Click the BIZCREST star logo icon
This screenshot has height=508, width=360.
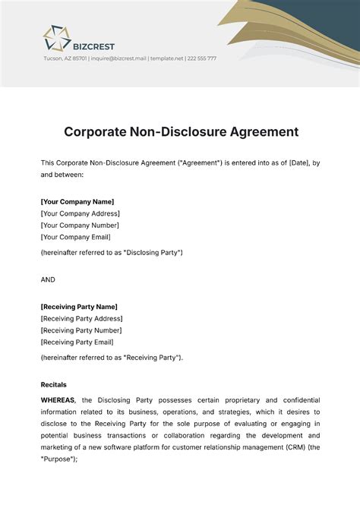click(x=55, y=37)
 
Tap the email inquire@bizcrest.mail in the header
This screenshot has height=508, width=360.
click(x=118, y=58)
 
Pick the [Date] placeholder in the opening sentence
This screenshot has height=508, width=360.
click(x=299, y=162)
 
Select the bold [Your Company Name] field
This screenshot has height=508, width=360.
click(x=77, y=201)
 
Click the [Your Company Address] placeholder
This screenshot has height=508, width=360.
click(x=80, y=213)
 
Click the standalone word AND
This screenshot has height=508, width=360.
click(x=48, y=279)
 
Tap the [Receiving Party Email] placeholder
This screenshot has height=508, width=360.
click(x=77, y=342)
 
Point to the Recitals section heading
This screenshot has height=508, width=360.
click(x=53, y=385)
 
